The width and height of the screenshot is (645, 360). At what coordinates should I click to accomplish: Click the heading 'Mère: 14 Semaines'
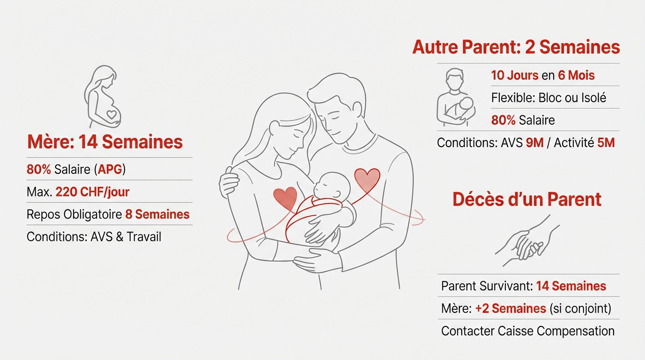[105, 142]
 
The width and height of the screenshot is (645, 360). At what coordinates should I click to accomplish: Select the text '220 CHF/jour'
[92, 192]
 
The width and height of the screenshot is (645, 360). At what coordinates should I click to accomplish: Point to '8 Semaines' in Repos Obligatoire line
[157, 214]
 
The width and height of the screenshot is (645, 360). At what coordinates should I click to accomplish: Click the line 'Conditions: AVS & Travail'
[94, 237]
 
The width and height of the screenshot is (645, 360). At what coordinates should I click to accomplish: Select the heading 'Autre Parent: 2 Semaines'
[516, 47]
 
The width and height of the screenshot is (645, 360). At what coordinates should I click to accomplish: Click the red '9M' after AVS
[535, 142]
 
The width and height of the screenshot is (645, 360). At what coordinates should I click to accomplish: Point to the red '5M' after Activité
[606, 142]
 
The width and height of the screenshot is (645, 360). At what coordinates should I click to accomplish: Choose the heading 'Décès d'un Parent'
[527, 199]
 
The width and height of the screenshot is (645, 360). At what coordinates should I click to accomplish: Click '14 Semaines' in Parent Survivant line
[571, 286]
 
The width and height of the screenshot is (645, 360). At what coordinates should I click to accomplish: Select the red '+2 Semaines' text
[510, 308]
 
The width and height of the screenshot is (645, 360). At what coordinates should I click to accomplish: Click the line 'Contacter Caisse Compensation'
[528, 331]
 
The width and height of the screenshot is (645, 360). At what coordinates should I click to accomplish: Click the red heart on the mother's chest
[285, 197]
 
